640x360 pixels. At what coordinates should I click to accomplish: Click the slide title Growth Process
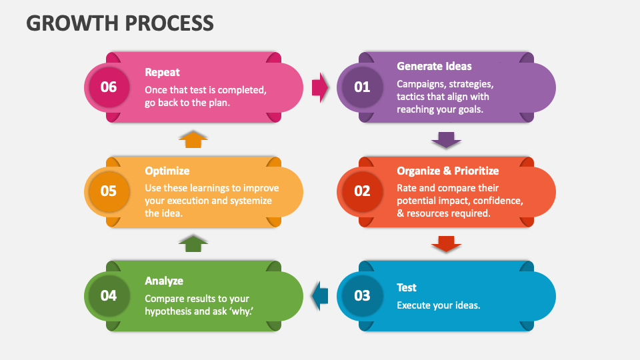[x=120, y=23]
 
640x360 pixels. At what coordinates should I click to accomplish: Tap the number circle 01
[x=362, y=87]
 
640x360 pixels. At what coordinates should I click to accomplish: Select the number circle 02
[x=362, y=191]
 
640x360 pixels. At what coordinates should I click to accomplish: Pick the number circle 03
[x=362, y=295]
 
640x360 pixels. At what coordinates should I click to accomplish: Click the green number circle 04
[x=109, y=295]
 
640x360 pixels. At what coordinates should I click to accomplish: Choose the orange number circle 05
[x=109, y=191]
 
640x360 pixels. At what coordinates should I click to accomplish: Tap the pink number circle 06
[x=109, y=87]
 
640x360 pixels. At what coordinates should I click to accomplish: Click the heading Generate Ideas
[x=434, y=66]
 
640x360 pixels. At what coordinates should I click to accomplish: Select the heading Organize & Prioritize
[x=447, y=171]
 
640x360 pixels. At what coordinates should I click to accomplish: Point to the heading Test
[x=407, y=287]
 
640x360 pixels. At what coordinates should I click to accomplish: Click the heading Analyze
[x=164, y=281]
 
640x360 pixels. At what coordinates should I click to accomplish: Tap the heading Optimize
[x=167, y=171]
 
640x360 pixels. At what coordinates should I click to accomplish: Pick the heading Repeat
[x=163, y=72]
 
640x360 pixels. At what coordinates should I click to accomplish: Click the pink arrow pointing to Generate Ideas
[x=320, y=87]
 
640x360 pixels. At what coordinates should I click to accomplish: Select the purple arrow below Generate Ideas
[x=446, y=139]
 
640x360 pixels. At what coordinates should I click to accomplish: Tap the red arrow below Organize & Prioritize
[x=446, y=244]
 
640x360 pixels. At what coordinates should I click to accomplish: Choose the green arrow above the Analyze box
[x=193, y=243]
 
